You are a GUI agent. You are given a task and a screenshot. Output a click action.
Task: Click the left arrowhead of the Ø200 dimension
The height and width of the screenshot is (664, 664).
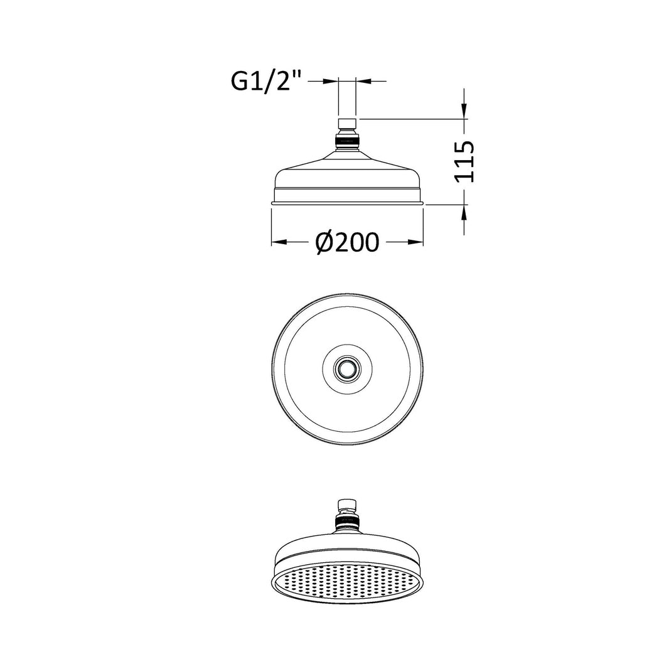tap(279, 242)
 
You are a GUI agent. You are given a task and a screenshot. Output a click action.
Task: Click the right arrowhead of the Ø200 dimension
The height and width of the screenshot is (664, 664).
tap(415, 242)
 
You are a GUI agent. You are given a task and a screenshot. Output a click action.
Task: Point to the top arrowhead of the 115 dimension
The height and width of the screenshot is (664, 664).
tap(464, 111)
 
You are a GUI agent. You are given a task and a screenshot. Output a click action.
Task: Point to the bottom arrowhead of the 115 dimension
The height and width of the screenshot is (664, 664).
tap(464, 213)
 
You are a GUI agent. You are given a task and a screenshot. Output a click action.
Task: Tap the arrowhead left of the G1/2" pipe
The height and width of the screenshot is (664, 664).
tap(331, 80)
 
